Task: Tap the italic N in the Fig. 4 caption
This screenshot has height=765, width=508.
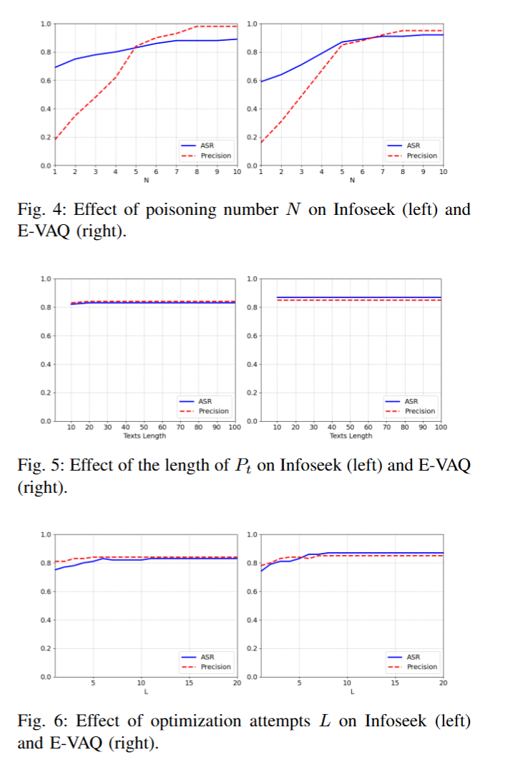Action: click(x=293, y=209)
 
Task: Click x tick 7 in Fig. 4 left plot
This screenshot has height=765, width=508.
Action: click(x=177, y=172)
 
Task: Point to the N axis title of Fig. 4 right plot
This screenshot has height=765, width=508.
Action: click(x=353, y=181)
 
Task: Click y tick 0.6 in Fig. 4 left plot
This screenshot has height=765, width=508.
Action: click(x=45, y=80)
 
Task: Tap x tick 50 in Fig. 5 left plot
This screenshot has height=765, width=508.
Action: click(x=144, y=428)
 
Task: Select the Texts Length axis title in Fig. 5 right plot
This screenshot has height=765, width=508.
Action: click(x=351, y=436)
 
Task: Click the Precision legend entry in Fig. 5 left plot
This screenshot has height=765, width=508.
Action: click(x=204, y=411)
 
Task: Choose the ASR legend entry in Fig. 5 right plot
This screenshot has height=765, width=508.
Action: click(x=401, y=401)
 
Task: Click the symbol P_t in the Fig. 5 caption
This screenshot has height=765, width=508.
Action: click(x=243, y=466)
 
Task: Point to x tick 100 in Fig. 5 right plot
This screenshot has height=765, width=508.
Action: click(x=441, y=428)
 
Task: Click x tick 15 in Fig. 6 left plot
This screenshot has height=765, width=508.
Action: click(x=189, y=683)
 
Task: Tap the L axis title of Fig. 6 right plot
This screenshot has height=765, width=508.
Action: click(x=353, y=692)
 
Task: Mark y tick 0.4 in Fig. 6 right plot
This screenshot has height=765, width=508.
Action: click(x=252, y=620)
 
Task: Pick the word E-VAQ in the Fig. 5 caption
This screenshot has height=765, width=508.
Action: click(x=444, y=465)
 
